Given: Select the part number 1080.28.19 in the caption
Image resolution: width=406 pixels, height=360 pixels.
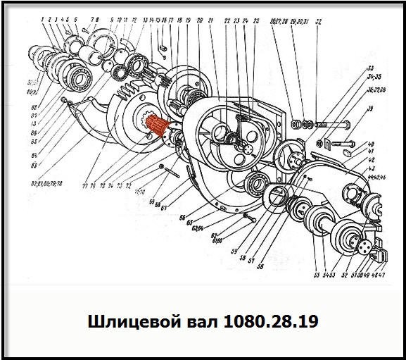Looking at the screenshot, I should click(x=270, y=322).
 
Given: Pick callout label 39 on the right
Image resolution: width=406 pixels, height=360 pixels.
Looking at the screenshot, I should click(x=369, y=109).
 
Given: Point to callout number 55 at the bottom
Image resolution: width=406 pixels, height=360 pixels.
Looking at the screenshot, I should click(x=316, y=275).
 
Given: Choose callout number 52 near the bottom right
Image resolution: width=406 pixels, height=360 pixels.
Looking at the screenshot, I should click(x=345, y=275).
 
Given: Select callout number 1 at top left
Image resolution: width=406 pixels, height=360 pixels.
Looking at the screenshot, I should click(x=42, y=19).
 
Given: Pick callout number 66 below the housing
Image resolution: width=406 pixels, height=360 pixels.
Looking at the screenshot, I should click(x=182, y=216).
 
